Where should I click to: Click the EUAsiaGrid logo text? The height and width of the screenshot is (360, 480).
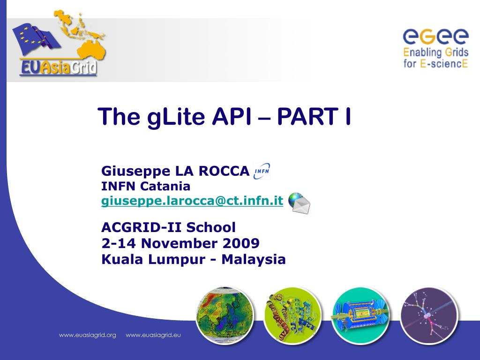pyautogui.click(x=58, y=67)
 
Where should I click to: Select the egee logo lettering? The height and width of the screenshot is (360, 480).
pyautogui.click(x=435, y=37)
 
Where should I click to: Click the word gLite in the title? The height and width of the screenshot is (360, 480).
pyautogui.click(x=176, y=117)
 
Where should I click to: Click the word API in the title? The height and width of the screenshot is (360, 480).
pyautogui.click(x=232, y=117)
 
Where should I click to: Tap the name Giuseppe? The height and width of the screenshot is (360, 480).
pyautogui.click(x=136, y=172)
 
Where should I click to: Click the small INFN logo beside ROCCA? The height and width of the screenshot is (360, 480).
pyautogui.click(x=262, y=171)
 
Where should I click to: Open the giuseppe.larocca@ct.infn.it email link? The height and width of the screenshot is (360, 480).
pyautogui.click(x=192, y=201)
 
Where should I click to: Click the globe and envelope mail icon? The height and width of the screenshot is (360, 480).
pyautogui.click(x=299, y=202)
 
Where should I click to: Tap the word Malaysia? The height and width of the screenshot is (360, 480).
pyautogui.click(x=254, y=260)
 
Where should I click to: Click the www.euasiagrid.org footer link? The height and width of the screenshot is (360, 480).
pyautogui.click(x=88, y=335)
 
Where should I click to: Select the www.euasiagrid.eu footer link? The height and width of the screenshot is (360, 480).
pyautogui.click(x=153, y=335)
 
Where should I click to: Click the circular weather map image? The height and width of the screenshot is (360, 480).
pyautogui.click(x=225, y=315)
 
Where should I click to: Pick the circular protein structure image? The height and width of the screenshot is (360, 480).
pyautogui.click(x=292, y=315)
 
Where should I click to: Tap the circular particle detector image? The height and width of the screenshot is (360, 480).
pyautogui.click(x=360, y=315)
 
